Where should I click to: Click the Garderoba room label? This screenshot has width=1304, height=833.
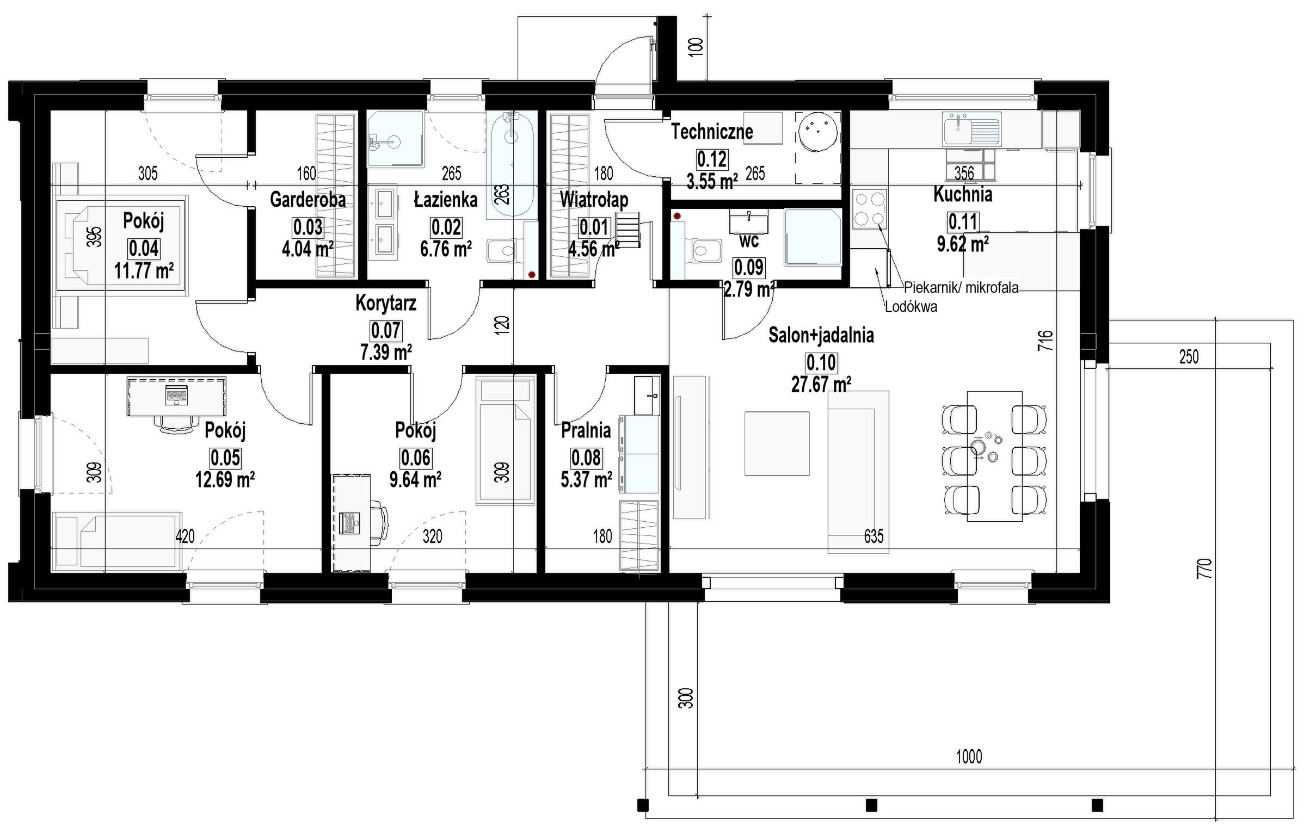308,200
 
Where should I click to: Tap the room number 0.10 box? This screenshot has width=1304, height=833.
821,362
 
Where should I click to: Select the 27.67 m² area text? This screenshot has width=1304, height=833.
821,385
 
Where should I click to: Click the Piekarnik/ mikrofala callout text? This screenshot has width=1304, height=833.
961,288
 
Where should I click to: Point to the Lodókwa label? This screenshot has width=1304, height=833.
911,307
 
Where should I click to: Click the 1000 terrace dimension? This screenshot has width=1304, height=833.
969,756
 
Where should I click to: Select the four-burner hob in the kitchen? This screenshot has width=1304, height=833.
870,208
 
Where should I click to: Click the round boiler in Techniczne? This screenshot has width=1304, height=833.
818,131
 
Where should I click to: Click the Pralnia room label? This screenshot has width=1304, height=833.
586,430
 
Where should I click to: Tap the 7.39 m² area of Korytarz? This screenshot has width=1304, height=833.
386,353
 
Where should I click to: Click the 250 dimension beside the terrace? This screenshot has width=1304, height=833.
1189,357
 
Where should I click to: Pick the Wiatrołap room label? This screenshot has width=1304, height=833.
594,200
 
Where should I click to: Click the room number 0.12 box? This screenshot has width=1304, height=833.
712,159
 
